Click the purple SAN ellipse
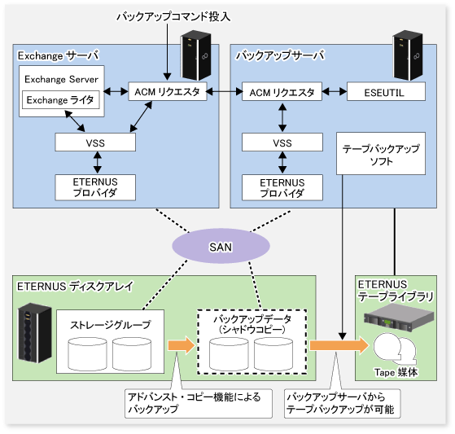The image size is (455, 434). pyautogui.click(x=221, y=246)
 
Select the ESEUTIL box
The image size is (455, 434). pyautogui.click(x=386, y=92)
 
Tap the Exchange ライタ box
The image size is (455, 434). pyautogui.click(x=61, y=100)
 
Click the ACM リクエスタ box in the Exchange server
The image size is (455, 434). pyautogui.click(x=168, y=92)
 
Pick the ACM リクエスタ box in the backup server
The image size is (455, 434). pyautogui.click(x=282, y=92)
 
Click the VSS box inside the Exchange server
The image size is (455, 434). pyautogui.click(x=95, y=142)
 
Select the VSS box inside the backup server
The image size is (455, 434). pyautogui.click(x=282, y=142)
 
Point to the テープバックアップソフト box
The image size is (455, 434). pyautogui.click(x=381, y=154)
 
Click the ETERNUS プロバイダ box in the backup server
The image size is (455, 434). pyautogui.click(x=282, y=187)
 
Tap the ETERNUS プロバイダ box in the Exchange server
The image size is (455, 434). pyautogui.click(x=95, y=187)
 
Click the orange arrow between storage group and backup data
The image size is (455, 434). pyautogui.click(x=181, y=345)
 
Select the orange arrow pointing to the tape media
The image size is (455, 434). pyautogui.click(x=339, y=345)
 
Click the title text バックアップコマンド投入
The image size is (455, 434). pyautogui.click(x=173, y=16)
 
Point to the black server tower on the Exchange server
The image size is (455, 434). pyautogui.click(x=195, y=55)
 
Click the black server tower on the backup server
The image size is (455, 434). pyautogui.click(x=408, y=55)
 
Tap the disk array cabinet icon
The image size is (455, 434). pyautogui.click(x=35, y=332)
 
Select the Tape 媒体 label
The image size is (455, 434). pyautogui.click(x=396, y=372)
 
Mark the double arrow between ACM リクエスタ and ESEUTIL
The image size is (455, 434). pyautogui.click(x=335, y=92)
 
